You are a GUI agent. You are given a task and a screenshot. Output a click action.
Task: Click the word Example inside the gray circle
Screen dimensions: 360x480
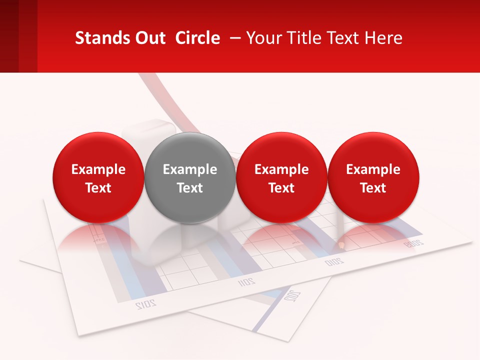tap(190, 169)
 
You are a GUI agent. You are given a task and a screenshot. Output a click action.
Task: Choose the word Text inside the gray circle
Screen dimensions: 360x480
tap(190, 188)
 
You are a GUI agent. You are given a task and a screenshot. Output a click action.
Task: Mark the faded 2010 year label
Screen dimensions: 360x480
tap(334, 261)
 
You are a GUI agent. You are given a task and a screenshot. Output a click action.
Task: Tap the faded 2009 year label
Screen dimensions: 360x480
tap(414, 244)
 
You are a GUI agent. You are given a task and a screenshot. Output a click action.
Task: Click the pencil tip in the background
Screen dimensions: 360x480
tap(341, 245)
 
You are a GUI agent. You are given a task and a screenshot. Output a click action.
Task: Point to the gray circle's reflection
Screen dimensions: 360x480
tap(190, 237)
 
